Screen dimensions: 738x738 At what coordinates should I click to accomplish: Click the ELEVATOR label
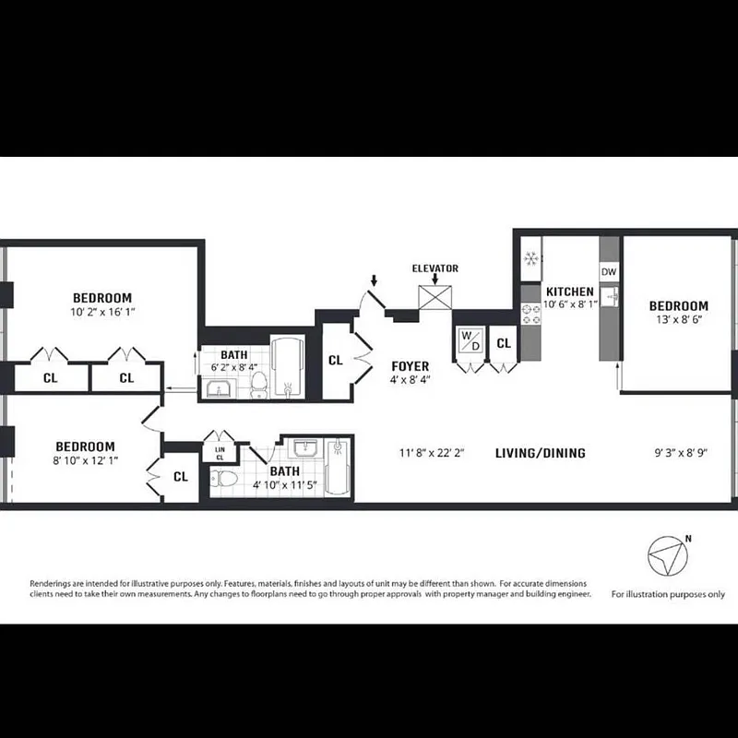pos(435,268)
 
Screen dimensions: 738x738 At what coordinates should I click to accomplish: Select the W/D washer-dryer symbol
pos(470,339)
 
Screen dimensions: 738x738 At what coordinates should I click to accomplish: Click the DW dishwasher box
pos(609,272)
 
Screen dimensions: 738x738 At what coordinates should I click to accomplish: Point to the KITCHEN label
pos(569,292)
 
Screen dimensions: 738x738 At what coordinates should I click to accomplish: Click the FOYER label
pos(410,366)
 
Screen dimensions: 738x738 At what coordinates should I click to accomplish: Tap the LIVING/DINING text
pos(541,453)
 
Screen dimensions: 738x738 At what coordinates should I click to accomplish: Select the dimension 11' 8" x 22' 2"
pos(430,453)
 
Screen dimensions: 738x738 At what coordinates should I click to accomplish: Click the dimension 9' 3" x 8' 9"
pos(681,453)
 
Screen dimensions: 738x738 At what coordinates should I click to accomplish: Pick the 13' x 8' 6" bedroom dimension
pos(678,321)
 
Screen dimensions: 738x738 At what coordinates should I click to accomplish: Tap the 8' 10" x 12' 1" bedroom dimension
pos(84,460)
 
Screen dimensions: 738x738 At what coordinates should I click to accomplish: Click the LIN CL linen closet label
pos(220,453)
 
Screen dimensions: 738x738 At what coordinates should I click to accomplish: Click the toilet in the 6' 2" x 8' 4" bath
pos(259,385)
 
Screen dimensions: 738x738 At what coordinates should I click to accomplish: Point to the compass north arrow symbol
pos(666,556)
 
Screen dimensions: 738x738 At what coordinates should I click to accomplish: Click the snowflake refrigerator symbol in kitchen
pos(530,259)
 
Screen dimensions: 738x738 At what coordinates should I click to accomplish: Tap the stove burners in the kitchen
pos(530,315)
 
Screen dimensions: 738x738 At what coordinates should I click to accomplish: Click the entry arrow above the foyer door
pos(374,278)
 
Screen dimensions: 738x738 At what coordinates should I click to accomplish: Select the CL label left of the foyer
pos(336,360)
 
